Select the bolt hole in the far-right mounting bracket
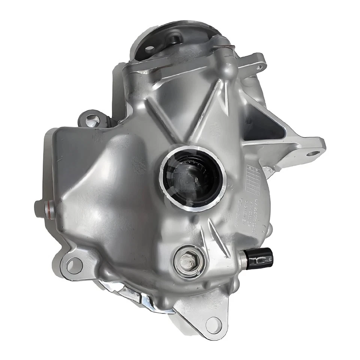click(313, 153)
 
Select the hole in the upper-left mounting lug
click(90, 120)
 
